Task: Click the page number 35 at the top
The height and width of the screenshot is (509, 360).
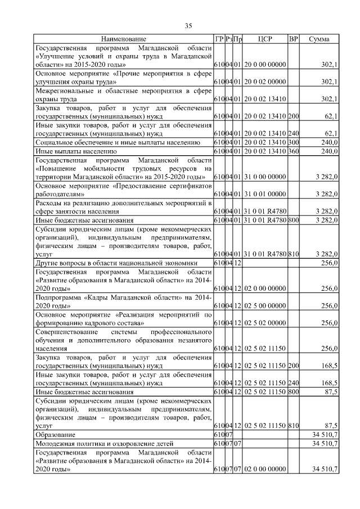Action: point(189,25)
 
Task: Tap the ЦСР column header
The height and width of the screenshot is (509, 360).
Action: point(264,39)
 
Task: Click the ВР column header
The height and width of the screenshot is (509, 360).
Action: point(292,39)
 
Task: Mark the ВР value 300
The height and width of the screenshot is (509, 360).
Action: point(293,142)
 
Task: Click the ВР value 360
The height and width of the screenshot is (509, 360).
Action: point(293,151)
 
